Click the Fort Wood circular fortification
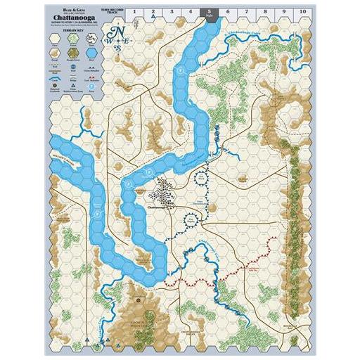tap(202, 179)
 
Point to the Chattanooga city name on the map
tap(162, 207)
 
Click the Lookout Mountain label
tap(146, 311)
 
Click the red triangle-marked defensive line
tap(232, 267)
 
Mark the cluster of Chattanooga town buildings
tap(166, 190)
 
